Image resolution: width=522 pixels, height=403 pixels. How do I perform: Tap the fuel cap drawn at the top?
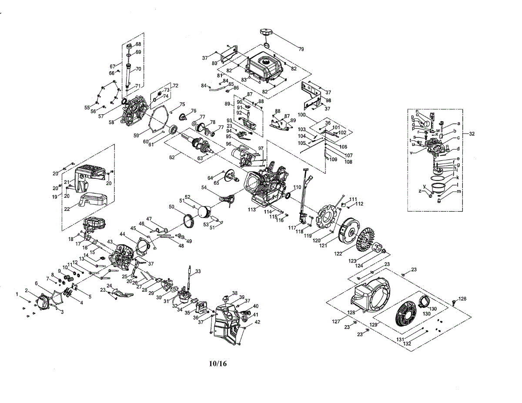pos(266,33)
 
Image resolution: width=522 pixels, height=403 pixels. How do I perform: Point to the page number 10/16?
pos(218,363)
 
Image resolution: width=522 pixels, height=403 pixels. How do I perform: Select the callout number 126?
pos(462,299)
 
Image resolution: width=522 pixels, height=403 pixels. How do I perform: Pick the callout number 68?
pos(138,44)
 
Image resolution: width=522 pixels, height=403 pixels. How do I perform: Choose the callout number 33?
pos(198,272)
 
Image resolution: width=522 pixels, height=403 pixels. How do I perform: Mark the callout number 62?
pos(172,157)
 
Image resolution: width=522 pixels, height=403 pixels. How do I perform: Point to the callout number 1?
pos(17,294)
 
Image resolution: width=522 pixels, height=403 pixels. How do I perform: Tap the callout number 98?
pos(328,100)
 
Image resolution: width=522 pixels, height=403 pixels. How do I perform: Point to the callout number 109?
pos(334,160)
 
